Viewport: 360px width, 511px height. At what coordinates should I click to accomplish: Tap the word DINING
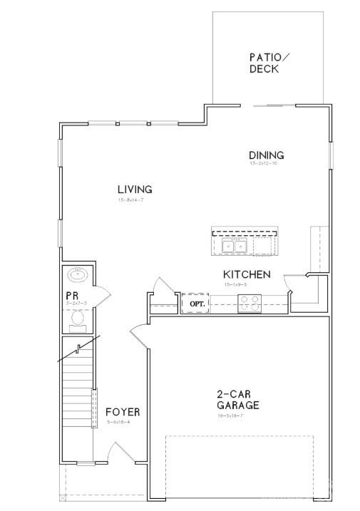point(266,155)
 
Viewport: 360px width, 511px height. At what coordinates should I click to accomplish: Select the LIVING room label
point(135,190)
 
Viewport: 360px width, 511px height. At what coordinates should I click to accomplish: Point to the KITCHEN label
point(247,274)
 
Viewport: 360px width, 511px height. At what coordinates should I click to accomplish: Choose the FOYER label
point(123,413)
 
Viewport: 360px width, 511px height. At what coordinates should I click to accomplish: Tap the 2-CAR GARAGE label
point(237,399)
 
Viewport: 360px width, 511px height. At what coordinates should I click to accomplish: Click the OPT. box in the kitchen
point(197,304)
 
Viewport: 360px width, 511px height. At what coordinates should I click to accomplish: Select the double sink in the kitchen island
point(235,247)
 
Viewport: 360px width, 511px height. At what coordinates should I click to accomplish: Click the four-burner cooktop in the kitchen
point(250,304)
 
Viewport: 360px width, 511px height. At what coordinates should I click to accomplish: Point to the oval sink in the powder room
point(77,275)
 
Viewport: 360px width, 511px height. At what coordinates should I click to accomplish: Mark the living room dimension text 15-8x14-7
point(131,200)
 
